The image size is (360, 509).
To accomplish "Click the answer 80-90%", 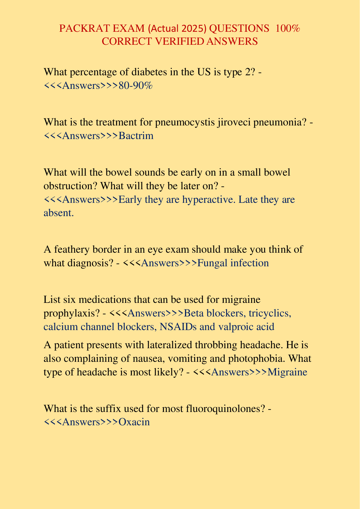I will [x=135, y=86].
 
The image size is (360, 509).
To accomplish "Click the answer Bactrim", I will [x=136, y=136].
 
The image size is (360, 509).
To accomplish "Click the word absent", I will [x=58, y=213].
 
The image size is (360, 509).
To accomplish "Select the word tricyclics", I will [x=270, y=313].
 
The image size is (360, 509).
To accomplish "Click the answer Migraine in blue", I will [x=287, y=372].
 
